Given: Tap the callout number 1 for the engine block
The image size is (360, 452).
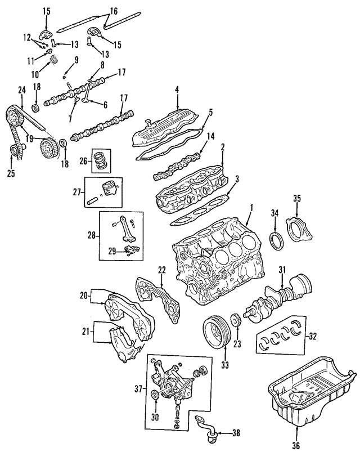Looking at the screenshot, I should click(x=251, y=208).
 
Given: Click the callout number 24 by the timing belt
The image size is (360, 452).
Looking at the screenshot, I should click(x=22, y=89).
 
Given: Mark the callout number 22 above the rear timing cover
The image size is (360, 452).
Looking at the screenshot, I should click(x=162, y=270).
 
